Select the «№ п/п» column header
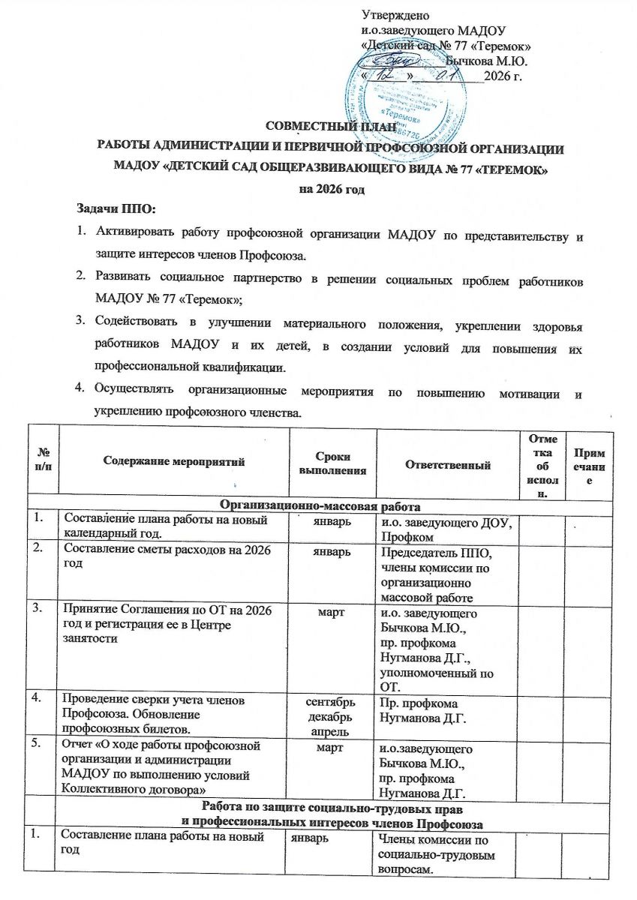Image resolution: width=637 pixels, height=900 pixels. pyautogui.click(x=43, y=461)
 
